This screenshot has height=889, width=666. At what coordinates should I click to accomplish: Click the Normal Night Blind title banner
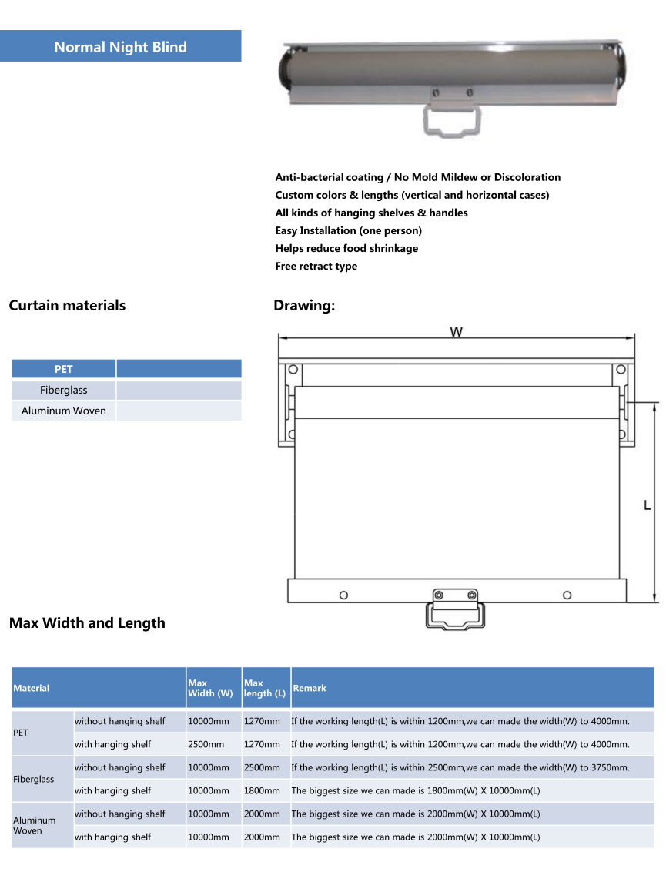click(x=120, y=46)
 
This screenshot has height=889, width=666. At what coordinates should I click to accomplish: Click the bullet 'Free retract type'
click(x=316, y=266)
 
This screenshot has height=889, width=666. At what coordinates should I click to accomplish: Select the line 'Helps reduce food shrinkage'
click(x=347, y=248)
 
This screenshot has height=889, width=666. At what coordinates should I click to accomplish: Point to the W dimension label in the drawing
click(x=457, y=332)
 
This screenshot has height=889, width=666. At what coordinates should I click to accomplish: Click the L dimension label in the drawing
click(x=647, y=505)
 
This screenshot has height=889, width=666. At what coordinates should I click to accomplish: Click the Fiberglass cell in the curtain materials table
click(x=63, y=390)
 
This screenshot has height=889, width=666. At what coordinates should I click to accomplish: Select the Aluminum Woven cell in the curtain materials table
click(x=63, y=411)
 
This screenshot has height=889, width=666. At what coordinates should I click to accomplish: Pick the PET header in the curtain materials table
click(x=63, y=369)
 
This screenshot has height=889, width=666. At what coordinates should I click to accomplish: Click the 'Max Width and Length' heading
click(x=87, y=622)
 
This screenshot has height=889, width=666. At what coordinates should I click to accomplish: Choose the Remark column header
click(x=310, y=688)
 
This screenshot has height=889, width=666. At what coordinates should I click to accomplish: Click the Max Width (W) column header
click(x=210, y=688)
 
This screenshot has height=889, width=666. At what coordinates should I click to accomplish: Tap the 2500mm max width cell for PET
click(x=206, y=744)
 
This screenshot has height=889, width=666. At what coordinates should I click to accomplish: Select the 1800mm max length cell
click(x=262, y=790)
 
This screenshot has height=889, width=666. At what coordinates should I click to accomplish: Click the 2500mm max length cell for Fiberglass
click(x=262, y=767)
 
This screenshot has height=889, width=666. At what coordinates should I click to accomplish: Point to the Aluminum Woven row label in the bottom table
click(x=35, y=825)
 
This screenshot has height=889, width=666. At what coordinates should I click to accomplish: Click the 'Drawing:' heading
click(x=304, y=306)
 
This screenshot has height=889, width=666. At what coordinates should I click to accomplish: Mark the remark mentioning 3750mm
click(x=460, y=767)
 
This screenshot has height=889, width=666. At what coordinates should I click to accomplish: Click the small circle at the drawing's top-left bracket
click(x=293, y=369)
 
